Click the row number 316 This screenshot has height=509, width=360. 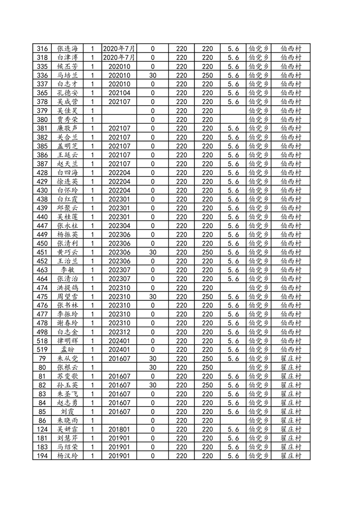tap(42, 49)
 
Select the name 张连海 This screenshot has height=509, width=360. tap(67, 49)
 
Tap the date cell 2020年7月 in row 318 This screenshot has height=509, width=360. tap(119, 58)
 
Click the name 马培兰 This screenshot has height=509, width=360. tap(67, 75)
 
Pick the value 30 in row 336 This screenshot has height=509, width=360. tap(153, 75)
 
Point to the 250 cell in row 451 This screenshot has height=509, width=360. tap(207, 252)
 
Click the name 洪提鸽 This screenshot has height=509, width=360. tap(67, 288)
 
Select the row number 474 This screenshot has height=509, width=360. tap(42, 288)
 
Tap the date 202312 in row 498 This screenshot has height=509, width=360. tap(119, 332)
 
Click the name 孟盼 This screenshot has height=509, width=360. tap(67, 350)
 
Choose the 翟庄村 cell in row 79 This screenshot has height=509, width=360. tap(291, 358)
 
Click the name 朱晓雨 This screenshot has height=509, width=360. tap(67, 421)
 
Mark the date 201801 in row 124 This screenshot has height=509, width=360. tap(119, 429)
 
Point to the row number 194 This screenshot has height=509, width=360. tap(42, 456)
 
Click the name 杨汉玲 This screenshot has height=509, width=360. tap(67, 456)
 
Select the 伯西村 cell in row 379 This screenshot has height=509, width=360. tap(291, 111)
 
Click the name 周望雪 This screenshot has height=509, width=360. tap(67, 297)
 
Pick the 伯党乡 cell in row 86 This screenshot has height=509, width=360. tap(259, 421)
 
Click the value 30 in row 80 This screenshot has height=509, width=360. tap(153, 367)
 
